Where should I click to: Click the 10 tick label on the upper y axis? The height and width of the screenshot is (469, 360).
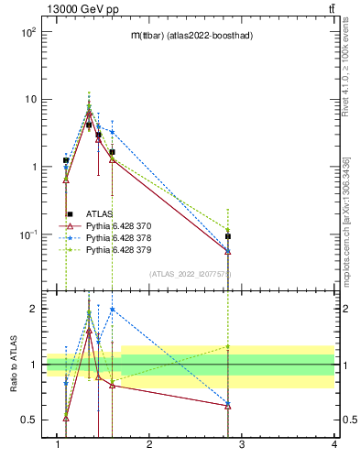(x=29, y=99)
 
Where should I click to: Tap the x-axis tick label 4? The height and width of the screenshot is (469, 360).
(x=334, y=446)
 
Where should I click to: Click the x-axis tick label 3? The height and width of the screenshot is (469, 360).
(x=242, y=446)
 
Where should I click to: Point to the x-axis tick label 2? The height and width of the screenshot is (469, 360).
(x=149, y=446)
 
